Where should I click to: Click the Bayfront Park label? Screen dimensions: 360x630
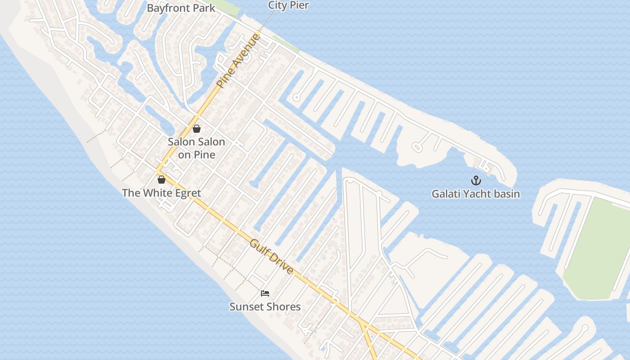181,8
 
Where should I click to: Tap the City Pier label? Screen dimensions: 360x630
288,5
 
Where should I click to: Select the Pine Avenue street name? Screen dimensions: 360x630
238,61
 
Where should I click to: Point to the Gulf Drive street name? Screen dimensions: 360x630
272,256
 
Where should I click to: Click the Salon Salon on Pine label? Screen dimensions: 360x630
196,148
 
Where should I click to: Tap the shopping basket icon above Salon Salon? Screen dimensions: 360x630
197,129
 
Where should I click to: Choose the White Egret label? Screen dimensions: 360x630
161,193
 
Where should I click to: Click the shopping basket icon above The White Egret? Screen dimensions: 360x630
162,180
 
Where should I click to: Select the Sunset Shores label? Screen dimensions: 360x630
265,306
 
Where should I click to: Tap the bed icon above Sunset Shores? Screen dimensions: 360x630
265,293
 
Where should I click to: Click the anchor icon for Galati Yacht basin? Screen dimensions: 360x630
476,181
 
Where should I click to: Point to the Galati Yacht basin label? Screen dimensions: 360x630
476,194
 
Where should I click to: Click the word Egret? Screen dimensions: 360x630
184,193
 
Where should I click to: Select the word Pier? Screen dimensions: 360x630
299,5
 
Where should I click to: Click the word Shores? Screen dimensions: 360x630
283,306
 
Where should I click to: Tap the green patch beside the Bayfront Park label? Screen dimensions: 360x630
225,5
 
